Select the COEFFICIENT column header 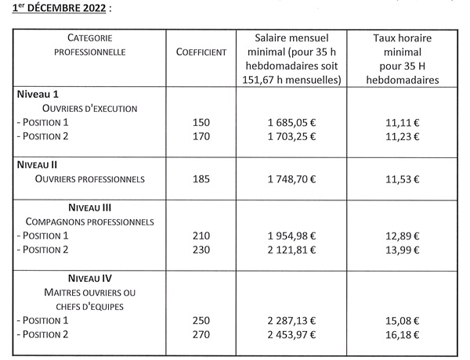click(202, 52)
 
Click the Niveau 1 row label click(39, 94)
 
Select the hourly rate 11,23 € click(405, 136)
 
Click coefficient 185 click(202, 179)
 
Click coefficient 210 click(202, 236)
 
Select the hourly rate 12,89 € click(405, 236)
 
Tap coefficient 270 click(202, 334)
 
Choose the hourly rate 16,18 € click(405, 334)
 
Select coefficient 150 click(202, 123)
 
